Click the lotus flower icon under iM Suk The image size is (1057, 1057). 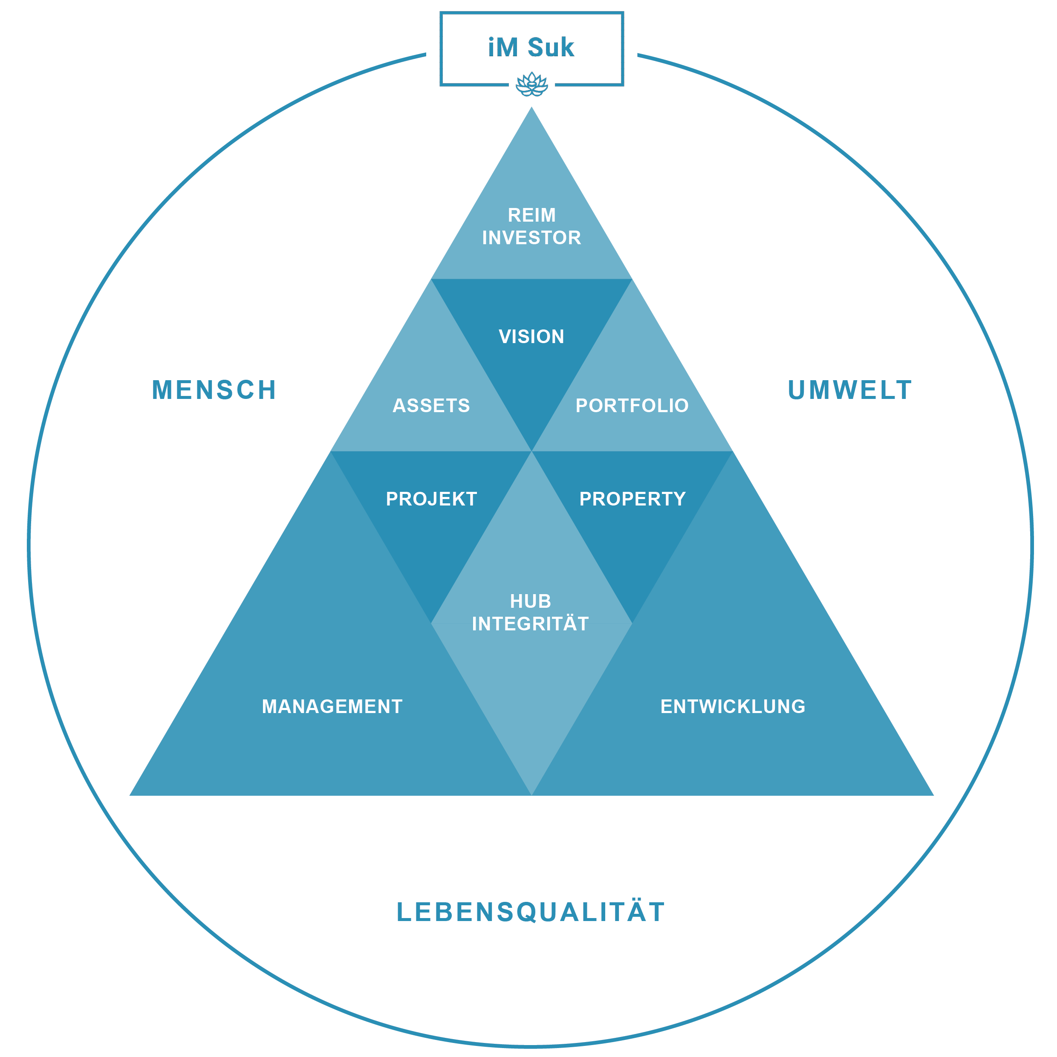click(532, 85)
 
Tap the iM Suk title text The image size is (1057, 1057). click(531, 48)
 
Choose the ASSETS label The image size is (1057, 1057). click(431, 405)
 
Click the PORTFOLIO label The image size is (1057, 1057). click(632, 405)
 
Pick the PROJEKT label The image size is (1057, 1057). click(431, 499)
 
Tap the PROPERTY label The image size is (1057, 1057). click(632, 499)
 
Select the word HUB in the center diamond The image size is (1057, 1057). click(531, 601)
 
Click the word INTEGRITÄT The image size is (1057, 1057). click(531, 624)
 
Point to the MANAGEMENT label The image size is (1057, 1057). click(332, 706)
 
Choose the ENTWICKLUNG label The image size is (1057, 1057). click(733, 706)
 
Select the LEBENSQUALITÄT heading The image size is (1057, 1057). click(531, 912)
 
